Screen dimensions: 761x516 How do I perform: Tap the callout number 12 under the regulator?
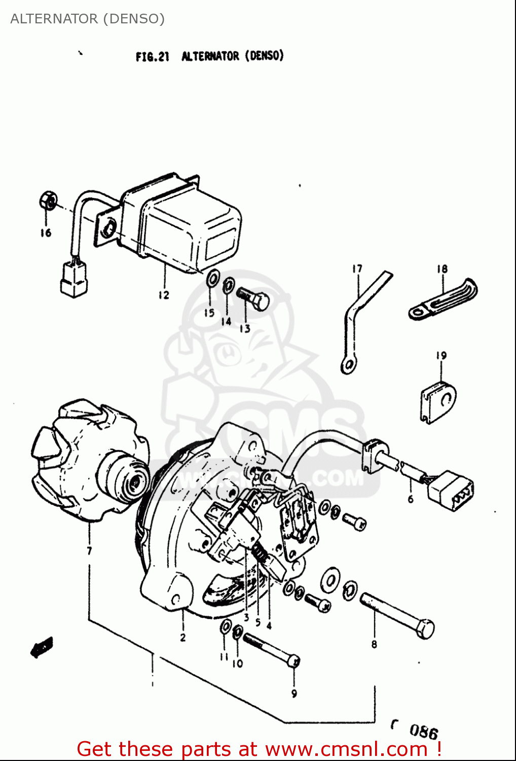(x=164, y=295)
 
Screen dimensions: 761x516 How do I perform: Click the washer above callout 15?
(x=212, y=279)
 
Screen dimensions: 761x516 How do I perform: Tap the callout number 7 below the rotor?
(x=89, y=550)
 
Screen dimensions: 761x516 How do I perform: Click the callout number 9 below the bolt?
(x=294, y=694)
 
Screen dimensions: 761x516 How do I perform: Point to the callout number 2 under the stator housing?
(x=183, y=637)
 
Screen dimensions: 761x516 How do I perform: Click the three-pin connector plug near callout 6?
(x=451, y=491)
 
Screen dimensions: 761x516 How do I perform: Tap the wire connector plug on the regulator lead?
(x=73, y=279)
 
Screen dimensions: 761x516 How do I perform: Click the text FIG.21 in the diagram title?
(x=152, y=56)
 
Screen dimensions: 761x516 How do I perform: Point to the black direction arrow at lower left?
(x=42, y=647)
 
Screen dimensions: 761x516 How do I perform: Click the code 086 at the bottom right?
(x=423, y=731)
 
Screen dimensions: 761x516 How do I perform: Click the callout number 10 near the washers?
(x=238, y=663)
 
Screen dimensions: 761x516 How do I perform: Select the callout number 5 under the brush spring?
(x=258, y=622)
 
